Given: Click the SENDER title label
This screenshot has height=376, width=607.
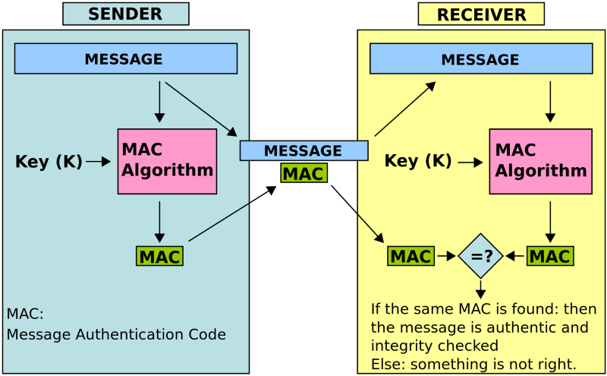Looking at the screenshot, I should pos(125,14).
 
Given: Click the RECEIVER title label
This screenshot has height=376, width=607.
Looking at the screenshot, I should pos(481,14).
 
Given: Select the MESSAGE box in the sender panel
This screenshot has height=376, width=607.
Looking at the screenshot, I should pos(126,58).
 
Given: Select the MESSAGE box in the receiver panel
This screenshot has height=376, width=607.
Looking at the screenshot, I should pos(481,59).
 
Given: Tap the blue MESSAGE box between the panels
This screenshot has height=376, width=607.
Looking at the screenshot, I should pos(303,150).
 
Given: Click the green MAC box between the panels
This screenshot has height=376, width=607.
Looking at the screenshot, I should pos(303,173).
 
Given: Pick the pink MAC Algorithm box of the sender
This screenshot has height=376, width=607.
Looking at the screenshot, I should pos(167,161).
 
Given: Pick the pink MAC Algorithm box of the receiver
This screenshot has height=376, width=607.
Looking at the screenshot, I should pos(540,161).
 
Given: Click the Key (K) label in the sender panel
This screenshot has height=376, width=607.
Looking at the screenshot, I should pos(49,161).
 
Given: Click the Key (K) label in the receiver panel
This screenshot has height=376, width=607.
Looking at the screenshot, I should pos(418,161).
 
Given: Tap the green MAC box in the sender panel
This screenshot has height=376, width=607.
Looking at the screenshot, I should pos(159,257).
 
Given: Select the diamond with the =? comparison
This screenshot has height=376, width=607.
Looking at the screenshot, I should pos(481,256).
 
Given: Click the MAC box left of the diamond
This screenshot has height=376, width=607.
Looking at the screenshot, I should pos(410,257).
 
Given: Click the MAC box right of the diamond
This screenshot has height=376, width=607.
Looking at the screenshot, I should pos(550,257).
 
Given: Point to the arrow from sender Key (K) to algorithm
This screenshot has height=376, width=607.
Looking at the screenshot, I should pos(99,161).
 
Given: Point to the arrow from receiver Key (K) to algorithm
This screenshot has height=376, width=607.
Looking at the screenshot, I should pos(470,162).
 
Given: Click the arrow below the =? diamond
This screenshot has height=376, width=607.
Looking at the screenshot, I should pos(481,289).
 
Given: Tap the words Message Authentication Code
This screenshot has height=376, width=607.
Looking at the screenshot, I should pos(116,334).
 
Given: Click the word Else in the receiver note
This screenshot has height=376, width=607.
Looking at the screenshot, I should pos(385,363).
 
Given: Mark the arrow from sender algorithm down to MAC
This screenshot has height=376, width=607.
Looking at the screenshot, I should pos(159,221).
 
